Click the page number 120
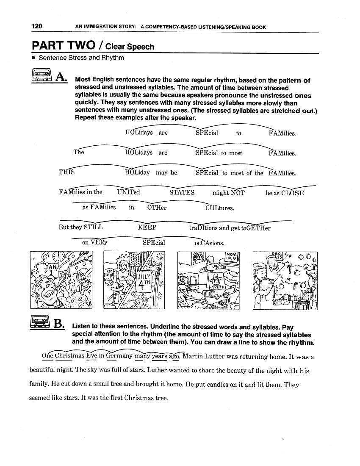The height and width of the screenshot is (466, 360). (37, 26)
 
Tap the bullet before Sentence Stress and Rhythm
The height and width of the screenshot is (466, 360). (33, 58)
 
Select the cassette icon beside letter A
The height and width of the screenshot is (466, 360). (42, 76)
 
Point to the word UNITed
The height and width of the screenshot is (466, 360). (128, 192)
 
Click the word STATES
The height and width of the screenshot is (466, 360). (182, 192)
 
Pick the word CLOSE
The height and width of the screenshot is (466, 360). (293, 193)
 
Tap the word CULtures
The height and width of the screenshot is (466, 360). (219, 208)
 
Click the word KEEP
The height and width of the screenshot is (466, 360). (147, 227)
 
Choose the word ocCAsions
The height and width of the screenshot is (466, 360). (209, 243)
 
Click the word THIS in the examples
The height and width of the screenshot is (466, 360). (66, 172)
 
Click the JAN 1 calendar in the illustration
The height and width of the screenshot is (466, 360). (50, 269)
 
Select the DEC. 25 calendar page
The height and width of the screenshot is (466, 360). (278, 257)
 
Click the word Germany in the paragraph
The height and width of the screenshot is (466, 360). (119, 356)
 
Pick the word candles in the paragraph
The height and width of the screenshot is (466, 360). (213, 385)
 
